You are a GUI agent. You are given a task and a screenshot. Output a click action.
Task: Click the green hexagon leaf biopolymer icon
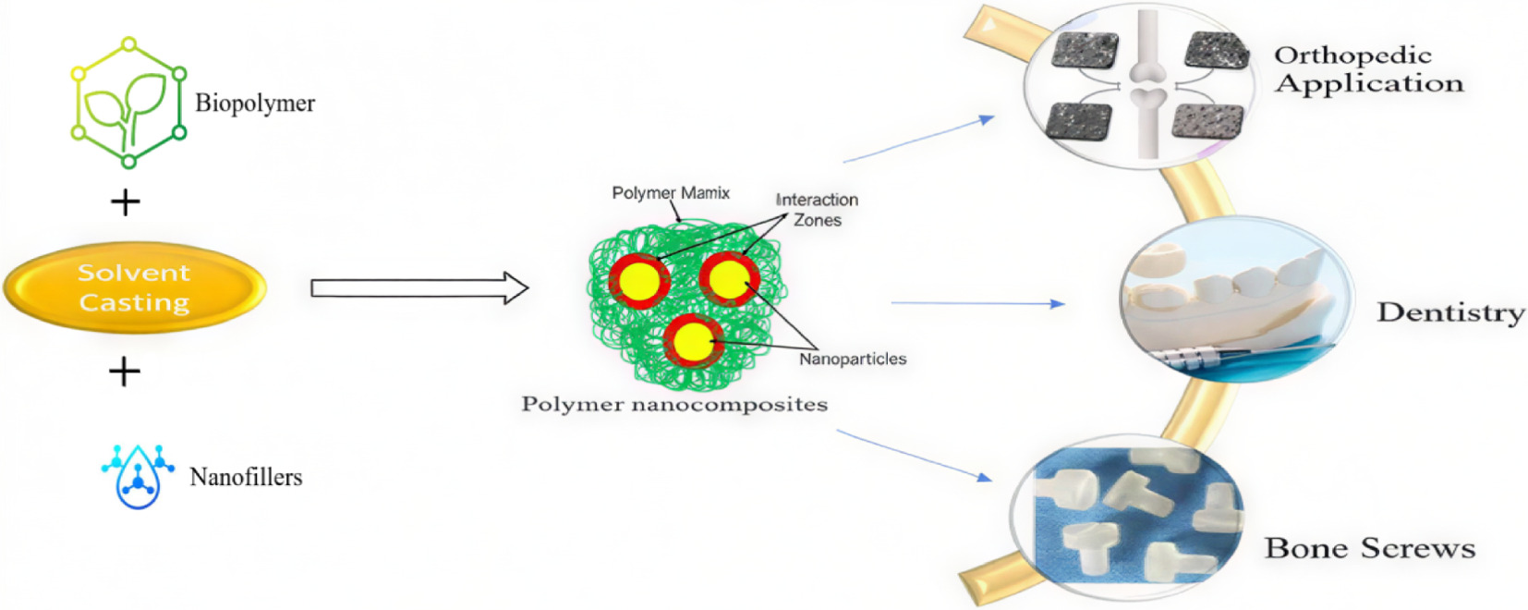[129, 103]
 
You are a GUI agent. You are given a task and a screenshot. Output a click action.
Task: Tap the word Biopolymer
[255, 103]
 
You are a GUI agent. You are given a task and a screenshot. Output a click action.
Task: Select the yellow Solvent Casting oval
[135, 287]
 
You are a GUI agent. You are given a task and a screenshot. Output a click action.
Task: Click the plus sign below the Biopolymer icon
[125, 202]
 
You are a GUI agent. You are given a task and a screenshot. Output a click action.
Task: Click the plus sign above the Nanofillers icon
[125, 372]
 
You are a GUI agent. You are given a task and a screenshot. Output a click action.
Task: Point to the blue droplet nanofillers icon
[139, 475]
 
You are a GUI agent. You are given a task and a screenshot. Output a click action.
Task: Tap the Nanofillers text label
[246, 477]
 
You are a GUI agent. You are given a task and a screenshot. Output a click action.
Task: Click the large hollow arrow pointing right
[418, 288]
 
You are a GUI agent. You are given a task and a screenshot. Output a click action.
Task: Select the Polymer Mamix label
[671, 192]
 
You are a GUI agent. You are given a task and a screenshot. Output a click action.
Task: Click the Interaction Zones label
[818, 210]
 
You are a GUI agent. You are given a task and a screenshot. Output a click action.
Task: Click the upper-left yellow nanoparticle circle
[638, 281]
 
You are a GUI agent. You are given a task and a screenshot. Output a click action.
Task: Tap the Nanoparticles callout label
[852, 359]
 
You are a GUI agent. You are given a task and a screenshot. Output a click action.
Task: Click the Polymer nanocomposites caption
[674, 404]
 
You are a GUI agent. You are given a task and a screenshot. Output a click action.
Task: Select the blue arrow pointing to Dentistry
[977, 303]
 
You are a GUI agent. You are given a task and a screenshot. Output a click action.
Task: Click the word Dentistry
[1450, 312]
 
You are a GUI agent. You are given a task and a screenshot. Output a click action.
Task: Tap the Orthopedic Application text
[1368, 69]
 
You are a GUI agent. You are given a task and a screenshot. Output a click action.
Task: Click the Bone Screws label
[1369, 548]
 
